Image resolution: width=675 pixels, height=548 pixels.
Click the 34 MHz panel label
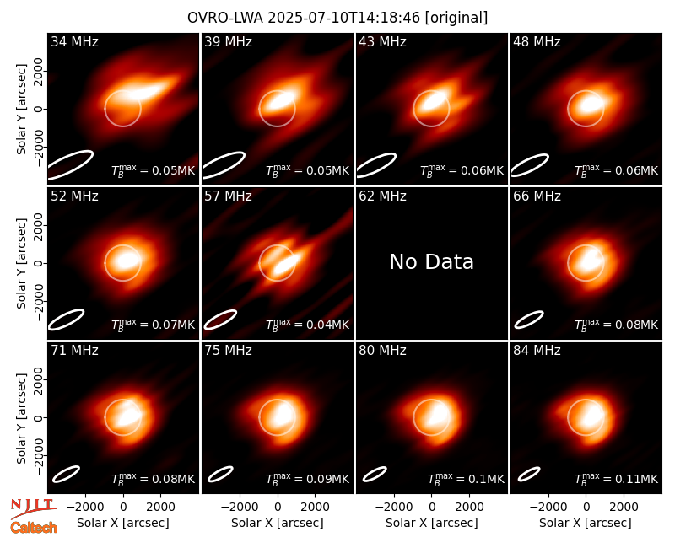(x=74, y=41)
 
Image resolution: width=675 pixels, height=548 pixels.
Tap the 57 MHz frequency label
(x=228, y=196)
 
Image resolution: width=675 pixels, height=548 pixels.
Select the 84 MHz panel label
(x=537, y=351)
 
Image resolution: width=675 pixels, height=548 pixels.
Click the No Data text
(x=431, y=261)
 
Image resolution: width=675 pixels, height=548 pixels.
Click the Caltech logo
(x=34, y=528)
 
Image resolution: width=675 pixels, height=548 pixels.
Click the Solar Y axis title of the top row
(x=22, y=110)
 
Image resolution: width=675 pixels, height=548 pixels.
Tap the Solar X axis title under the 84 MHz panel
(x=586, y=523)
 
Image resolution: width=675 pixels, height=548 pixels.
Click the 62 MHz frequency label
(x=383, y=196)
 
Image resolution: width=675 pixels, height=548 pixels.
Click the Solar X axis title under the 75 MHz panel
(x=278, y=523)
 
